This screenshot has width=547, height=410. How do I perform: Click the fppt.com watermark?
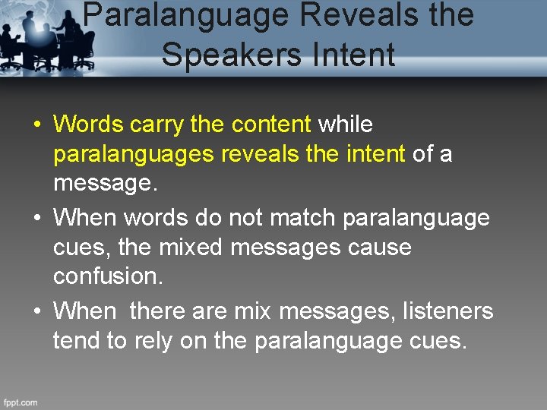point(21,402)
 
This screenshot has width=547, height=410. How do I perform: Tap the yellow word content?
point(271,124)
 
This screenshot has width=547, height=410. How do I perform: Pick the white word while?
point(345,124)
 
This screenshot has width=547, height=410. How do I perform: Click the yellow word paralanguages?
point(134,155)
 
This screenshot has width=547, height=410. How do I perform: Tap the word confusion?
point(107,277)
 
